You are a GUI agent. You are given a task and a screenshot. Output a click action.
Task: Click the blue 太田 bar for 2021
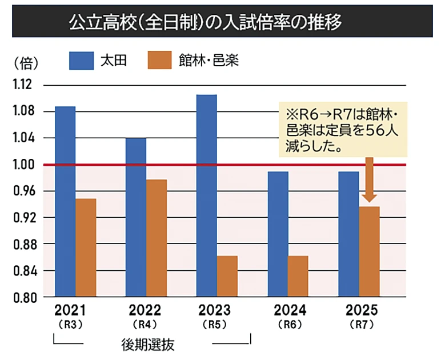(65, 201)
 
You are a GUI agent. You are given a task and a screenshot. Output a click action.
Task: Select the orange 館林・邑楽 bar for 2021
(86, 247)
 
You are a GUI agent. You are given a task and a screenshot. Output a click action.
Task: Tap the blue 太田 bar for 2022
(135, 217)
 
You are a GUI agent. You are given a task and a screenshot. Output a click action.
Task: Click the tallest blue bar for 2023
(206, 195)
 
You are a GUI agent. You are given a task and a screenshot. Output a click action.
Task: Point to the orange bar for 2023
(227, 276)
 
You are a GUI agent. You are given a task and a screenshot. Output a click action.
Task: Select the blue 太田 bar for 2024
(278, 234)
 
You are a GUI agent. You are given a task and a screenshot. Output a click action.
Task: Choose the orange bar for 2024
(298, 276)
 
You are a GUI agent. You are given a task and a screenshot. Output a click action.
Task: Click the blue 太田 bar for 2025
(348, 234)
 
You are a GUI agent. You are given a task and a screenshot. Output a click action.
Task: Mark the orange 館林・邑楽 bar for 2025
(369, 251)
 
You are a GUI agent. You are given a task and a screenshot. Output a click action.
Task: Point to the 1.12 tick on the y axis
(21, 85)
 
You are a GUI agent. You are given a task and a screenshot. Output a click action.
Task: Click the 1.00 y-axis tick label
(21, 165)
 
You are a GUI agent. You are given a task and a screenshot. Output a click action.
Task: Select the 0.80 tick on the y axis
(21, 297)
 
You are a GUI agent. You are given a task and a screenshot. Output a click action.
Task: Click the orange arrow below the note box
(369, 180)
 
